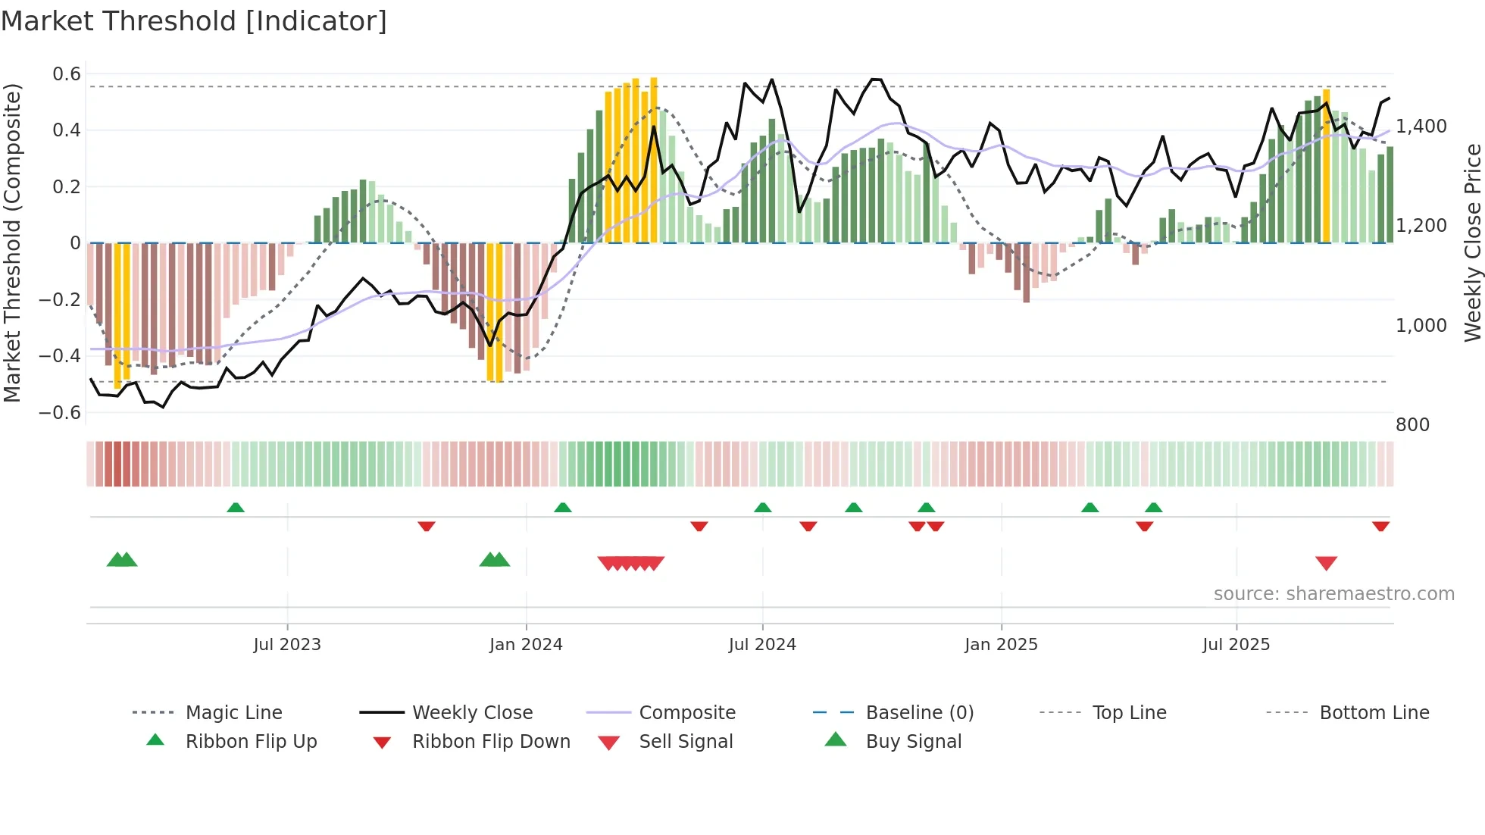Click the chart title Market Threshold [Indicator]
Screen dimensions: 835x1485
194,21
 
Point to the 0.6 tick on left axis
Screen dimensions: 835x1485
67,74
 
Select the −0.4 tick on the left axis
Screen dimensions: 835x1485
60,355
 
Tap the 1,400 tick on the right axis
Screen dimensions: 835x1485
1421,127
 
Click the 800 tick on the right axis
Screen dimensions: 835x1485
1412,425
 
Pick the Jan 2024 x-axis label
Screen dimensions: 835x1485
526,645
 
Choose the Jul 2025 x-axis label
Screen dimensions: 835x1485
1236,645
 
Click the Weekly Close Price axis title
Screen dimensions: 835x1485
1472,242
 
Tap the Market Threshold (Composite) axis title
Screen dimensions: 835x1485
12,242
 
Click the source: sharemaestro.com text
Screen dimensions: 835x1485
1333,594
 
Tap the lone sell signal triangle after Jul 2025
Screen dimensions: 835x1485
1326,563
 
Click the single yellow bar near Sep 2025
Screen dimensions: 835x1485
1326,167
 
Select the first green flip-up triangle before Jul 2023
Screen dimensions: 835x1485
236,508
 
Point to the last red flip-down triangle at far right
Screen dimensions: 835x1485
1380,526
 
